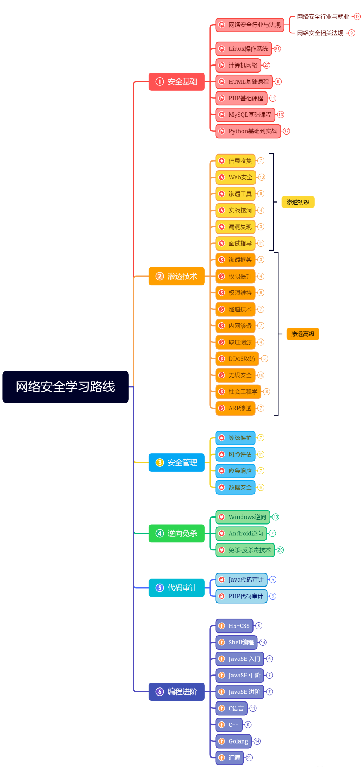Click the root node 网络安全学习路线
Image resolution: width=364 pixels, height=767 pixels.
(66, 387)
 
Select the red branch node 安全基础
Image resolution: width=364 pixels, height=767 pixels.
(176, 82)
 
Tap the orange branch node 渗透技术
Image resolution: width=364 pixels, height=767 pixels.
(176, 276)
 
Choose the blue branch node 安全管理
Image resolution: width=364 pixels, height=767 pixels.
(176, 463)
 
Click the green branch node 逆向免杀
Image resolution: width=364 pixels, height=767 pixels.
(176, 533)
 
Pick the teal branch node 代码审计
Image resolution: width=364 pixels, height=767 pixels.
(176, 588)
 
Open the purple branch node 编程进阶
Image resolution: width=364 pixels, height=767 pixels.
(176, 692)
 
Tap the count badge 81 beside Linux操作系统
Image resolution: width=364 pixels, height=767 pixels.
(277, 49)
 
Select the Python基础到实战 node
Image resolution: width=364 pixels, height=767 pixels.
(248, 131)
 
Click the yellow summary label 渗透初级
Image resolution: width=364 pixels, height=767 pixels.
(298, 202)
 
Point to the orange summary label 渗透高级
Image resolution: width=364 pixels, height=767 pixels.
(303, 334)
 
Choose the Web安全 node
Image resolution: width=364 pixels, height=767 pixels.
(236, 177)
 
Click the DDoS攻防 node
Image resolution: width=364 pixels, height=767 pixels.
(237, 358)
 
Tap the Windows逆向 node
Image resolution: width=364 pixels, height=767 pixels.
(243, 517)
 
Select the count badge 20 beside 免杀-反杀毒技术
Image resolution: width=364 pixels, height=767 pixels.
(280, 550)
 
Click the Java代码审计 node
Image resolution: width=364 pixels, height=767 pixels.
(241, 580)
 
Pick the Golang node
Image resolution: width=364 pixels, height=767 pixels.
(234, 741)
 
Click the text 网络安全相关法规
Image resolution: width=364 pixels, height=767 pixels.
(320, 33)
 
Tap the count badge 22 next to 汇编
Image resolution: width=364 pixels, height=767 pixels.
(249, 758)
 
